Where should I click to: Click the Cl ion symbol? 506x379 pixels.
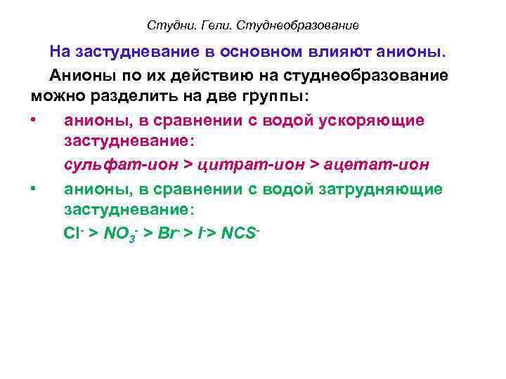click(x=74, y=234)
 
